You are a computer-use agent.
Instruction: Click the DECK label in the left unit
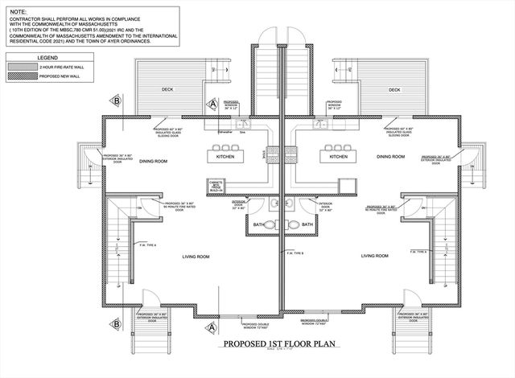(x=167, y=90)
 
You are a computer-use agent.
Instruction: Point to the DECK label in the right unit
(x=394, y=90)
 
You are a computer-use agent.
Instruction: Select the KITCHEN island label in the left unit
(x=226, y=157)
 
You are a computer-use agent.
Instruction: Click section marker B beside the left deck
(x=117, y=101)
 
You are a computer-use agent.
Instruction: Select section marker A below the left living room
(x=210, y=327)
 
